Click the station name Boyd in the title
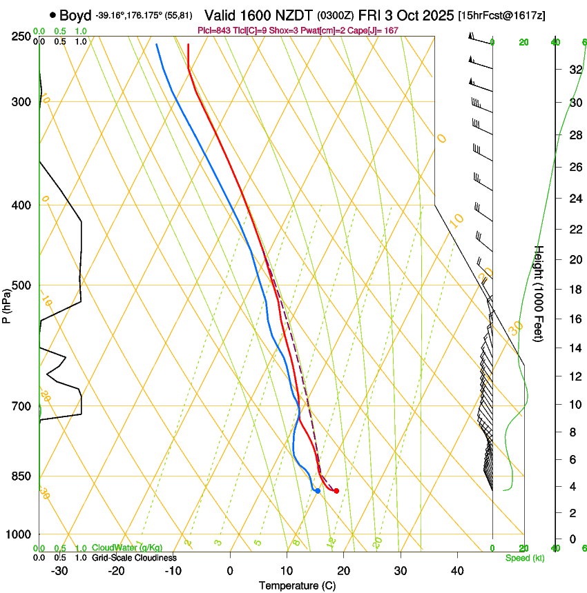pyautogui.click(x=76, y=15)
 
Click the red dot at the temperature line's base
pyautogui.click(x=336, y=491)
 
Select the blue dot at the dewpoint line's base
pyautogui.click(x=318, y=491)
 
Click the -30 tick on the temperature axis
pyautogui.click(x=59, y=571)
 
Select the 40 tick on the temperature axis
pyautogui.click(x=457, y=571)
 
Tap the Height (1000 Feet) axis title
pyautogui.click(x=539, y=293)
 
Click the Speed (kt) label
pyautogui.click(x=525, y=558)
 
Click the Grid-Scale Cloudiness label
pyautogui.click(x=134, y=558)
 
